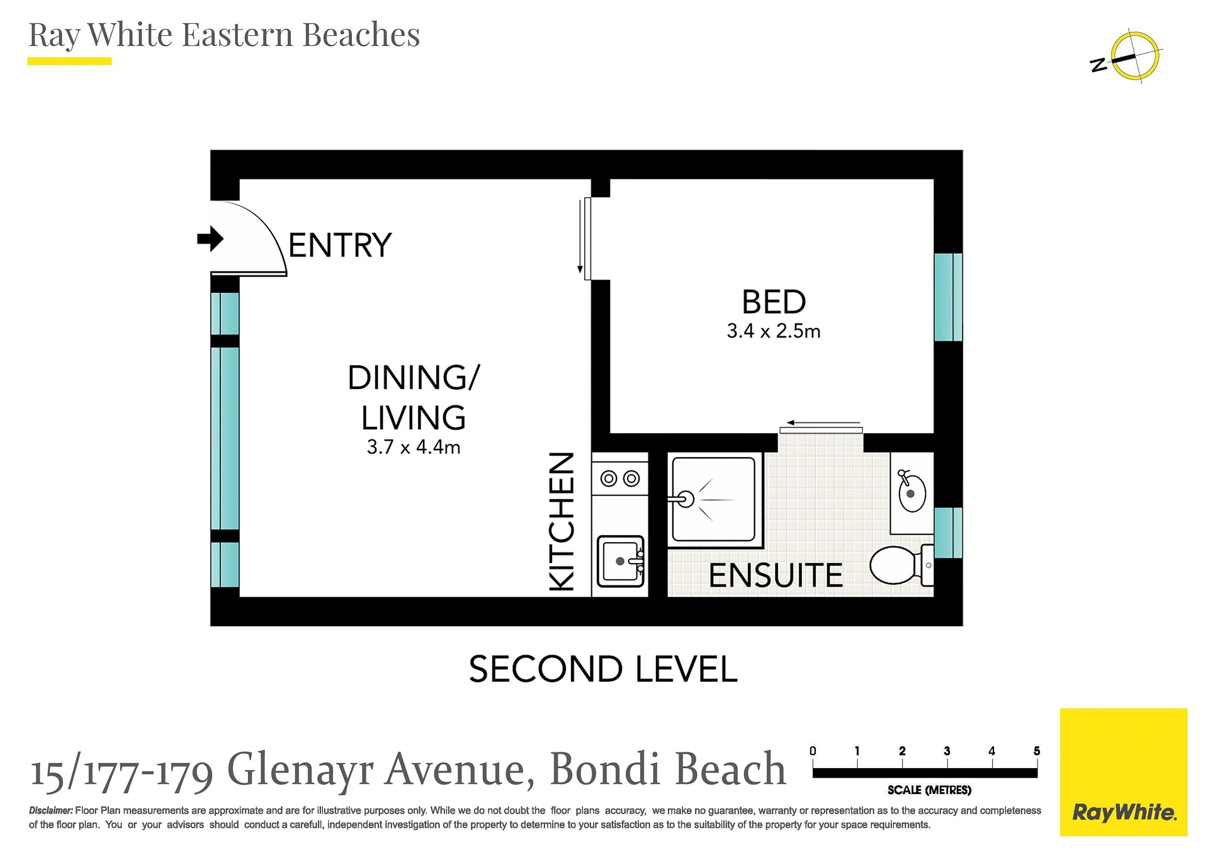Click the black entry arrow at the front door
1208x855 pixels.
point(210,239)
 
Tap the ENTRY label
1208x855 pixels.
point(340,246)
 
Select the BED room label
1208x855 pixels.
point(774,302)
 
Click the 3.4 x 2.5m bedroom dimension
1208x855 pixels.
point(774,331)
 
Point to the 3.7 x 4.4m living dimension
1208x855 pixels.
point(414,447)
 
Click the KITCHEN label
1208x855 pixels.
point(562,522)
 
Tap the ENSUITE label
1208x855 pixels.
point(776,575)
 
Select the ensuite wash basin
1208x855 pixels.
point(910,492)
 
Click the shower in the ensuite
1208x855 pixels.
point(713,499)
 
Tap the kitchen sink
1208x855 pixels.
point(621,560)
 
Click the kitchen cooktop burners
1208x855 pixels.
point(620,479)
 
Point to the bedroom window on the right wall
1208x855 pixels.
point(948,297)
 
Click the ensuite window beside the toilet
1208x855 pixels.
point(948,533)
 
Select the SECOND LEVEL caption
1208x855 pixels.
point(603,669)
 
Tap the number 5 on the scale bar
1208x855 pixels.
point(1037,750)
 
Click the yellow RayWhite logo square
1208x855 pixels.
point(1124,772)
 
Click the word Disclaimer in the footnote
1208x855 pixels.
point(51,810)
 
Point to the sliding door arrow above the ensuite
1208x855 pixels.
point(823,423)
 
